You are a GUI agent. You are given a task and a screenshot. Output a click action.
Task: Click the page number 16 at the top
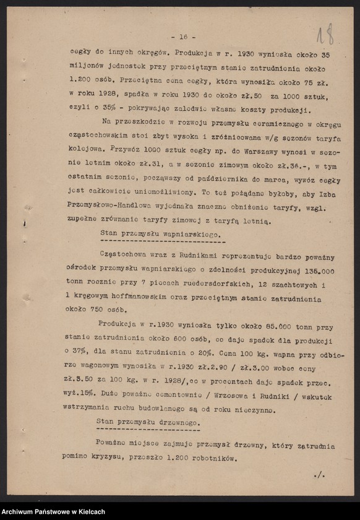coord(183,37)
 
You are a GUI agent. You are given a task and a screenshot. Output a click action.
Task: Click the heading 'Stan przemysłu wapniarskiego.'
coord(160,233)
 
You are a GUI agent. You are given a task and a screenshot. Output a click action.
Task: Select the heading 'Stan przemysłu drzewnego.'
coord(148,421)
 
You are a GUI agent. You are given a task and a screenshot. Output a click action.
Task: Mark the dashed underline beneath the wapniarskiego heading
coord(161,242)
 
